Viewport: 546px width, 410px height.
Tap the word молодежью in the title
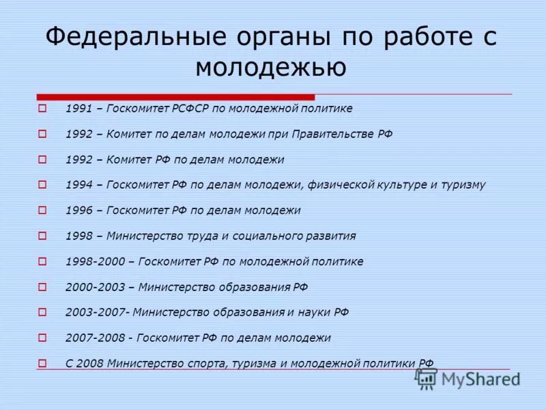click(x=271, y=67)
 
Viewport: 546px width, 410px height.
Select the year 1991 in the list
click(x=78, y=109)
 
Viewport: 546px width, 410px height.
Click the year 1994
click(x=78, y=184)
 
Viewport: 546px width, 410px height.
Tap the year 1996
click(x=78, y=210)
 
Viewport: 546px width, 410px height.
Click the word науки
click(x=315, y=312)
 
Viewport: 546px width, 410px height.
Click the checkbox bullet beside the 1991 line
click(x=42, y=108)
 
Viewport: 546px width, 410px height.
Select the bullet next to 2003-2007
click(x=42, y=312)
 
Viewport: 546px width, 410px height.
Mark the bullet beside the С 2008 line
click(x=42, y=363)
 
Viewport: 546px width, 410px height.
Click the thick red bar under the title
click(x=175, y=96)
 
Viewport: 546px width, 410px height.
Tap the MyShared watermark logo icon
click(x=427, y=378)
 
